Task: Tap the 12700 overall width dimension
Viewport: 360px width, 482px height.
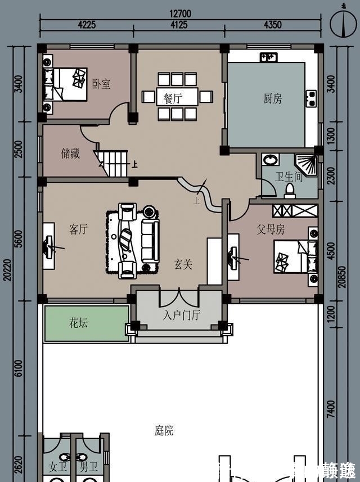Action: tap(181, 14)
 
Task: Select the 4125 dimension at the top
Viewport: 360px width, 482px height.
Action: tap(179, 25)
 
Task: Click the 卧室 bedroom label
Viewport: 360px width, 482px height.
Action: tap(101, 84)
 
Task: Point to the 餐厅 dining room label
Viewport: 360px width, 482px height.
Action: tap(173, 98)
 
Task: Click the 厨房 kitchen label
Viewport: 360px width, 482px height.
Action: tap(272, 99)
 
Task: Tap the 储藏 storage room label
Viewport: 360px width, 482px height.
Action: tap(70, 153)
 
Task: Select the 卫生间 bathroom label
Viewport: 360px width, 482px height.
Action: tap(289, 177)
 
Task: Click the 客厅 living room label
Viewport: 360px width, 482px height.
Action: tap(78, 229)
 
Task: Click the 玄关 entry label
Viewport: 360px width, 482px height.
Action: tap(183, 264)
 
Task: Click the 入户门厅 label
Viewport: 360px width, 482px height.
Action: tap(181, 316)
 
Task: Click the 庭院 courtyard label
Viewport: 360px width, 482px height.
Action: tap(164, 431)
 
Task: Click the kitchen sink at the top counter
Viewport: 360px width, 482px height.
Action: tap(268, 57)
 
